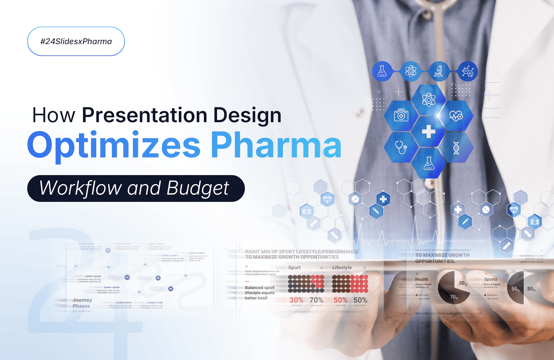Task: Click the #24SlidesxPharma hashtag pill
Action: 76,41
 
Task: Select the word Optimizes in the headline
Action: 114,146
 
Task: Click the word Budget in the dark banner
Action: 197,188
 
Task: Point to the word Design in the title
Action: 247,115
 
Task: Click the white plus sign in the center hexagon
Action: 429,131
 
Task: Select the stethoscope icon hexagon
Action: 401,148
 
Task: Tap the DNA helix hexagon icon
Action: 456,148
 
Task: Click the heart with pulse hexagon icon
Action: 456,116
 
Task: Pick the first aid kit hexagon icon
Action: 401,116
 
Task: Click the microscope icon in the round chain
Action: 439,71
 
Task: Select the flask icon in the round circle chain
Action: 382,71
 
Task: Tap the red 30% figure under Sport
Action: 296,300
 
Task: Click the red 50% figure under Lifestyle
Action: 340,300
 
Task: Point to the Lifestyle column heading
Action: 342,267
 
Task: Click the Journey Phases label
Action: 82,303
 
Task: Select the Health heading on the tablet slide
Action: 421,279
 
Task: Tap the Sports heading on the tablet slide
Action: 490,279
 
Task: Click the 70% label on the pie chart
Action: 454,297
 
